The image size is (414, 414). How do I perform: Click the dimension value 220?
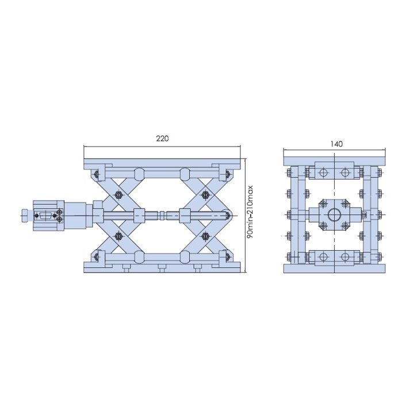tap(162, 139)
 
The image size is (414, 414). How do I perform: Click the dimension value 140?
tap(336, 144)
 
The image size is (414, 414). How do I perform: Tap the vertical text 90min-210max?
tap(250, 212)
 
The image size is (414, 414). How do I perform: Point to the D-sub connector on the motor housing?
tap(45, 216)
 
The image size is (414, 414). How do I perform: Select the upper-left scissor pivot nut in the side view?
tap(118, 195)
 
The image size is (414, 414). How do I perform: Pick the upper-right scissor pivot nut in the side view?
tap(205, 195)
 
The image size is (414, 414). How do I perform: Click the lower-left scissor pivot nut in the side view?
tap(118, 236)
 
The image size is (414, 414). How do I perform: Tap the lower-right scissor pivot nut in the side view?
tap(205, 236)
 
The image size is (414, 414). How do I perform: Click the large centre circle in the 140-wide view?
tap(334, 215)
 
